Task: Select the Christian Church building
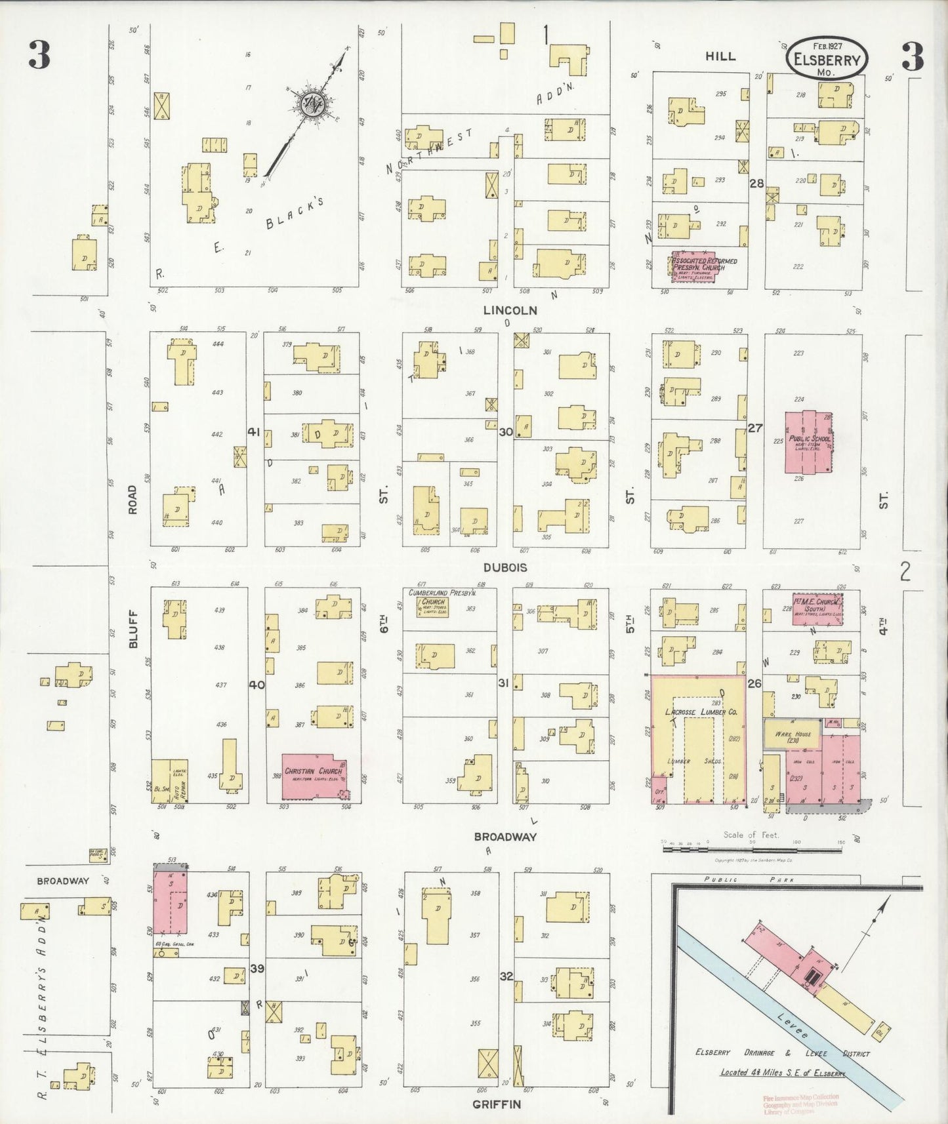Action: [314, 776]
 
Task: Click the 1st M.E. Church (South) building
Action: [816, 609]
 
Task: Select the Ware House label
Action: [793, 735]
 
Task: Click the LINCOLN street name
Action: [510, 310]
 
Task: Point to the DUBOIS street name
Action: [505, 568]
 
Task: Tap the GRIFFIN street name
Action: [497, 1104]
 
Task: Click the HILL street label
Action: [720, 57]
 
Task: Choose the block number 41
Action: [254, 432]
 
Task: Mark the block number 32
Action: [506, 976]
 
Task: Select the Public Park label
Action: [749, 880]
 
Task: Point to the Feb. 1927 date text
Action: [827, 47]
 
